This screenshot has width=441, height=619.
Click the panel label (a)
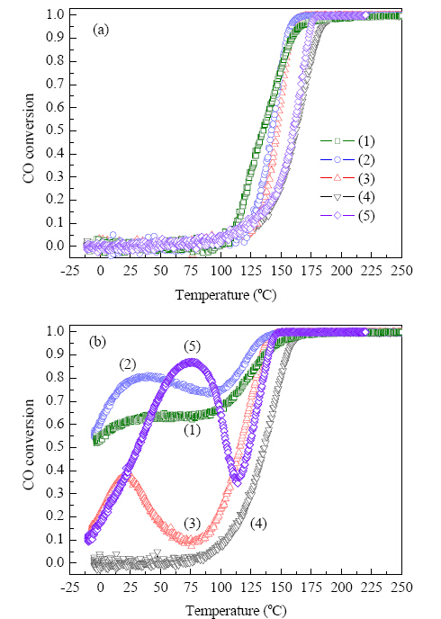point(100,31)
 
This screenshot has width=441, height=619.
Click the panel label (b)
point(97,342)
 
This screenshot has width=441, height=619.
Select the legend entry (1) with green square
point(347,141)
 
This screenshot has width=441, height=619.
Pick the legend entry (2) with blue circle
point(347,160)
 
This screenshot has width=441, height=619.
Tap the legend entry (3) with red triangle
point(347,178)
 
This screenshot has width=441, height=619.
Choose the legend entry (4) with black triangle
point(347,197)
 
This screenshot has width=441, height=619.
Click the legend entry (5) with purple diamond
point(347,216)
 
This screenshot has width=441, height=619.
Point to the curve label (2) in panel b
point(128,364)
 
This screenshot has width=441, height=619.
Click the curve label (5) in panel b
point(193,346)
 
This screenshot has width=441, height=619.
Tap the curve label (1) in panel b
point(193,430)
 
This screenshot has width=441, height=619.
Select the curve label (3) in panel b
point(193,524)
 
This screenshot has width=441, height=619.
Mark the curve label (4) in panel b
point(258,524)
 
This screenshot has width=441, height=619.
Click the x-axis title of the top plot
point(226,295)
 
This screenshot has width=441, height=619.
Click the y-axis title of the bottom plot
point(29,444)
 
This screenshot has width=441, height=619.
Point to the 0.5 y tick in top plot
point(56,130)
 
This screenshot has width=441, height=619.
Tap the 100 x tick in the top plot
point(220,271)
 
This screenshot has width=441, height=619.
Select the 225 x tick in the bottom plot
point(372,588)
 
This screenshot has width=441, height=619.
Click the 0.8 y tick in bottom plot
point(56,378)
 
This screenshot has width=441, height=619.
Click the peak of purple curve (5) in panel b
point(192,362)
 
